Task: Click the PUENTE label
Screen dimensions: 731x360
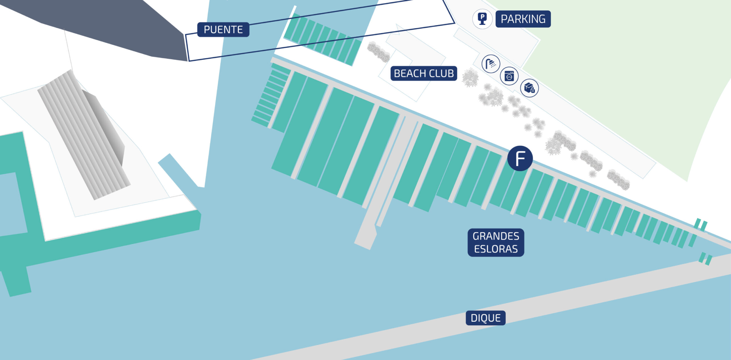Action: click(x=223, y=29)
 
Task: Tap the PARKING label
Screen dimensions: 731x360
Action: click(x=523, y=19)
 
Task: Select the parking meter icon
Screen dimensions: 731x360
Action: click(x=482, y=19)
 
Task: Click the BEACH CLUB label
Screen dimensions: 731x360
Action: click(x=424, y=73)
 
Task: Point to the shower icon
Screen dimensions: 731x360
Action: click(x=491, y=64)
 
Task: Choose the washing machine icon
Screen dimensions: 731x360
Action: click(x=509, y=76)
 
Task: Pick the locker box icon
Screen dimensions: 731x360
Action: click(x=529, y=88)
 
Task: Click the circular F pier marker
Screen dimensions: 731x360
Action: click(x=520, y=158)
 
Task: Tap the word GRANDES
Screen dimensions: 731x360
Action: click(x=496, y=236)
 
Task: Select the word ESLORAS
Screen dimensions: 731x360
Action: click(x=496, y=249)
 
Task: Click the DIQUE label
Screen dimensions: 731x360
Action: click(x=485, y=318)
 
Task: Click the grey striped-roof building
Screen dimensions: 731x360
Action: click(x=83, y=134)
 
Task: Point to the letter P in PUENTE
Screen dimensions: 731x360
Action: click(x=207, y=29)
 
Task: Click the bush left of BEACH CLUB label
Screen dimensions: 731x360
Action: click(x=378, y=52)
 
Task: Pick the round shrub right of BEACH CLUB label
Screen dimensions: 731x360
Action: click(x=470, y=77)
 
